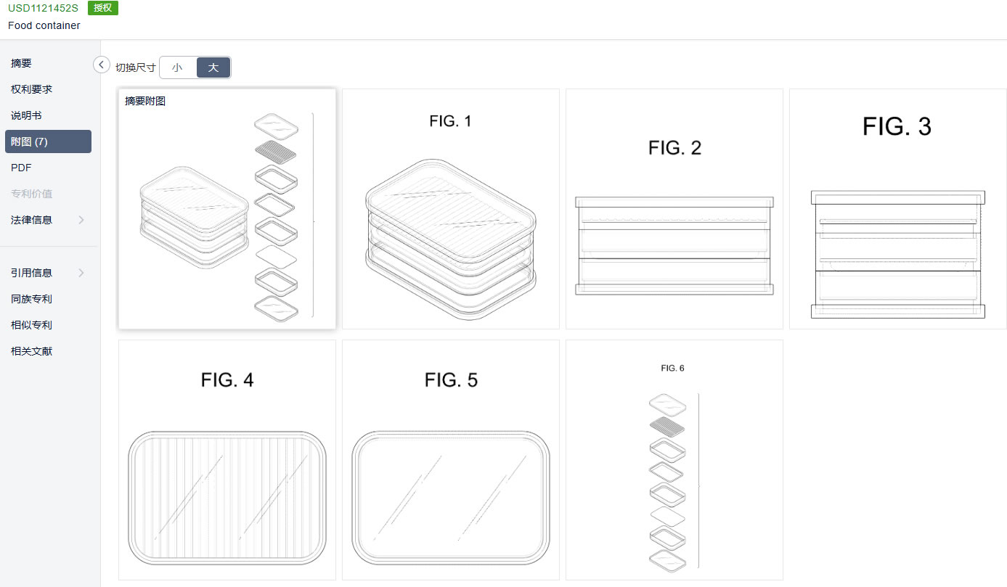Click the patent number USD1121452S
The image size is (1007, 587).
tap(43, 8)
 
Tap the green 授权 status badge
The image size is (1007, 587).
tap(103, 8)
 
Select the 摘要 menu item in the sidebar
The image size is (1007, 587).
tap(21, 63)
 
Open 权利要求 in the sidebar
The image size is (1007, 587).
tap(31, 89)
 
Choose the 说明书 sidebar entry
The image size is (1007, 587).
tap(26, 115)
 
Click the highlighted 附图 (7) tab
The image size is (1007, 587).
tap(48, 141)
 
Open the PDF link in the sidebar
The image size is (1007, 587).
tap(21, 168)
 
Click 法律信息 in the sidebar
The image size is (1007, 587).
tap(31, 220)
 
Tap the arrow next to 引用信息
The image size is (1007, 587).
tap(81, 273)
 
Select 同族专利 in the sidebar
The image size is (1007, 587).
tap(31, 299)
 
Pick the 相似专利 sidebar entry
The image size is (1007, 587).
tap(31, 325)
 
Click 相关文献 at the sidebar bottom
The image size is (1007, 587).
tap(31, 350)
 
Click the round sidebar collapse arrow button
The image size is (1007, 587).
tap(102, 65)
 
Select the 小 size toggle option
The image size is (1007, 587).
tap(178, 67)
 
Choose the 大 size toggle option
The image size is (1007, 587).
tap(213, 67)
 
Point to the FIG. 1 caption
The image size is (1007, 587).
tap(450, 121)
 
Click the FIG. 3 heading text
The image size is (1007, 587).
tap(897, 126)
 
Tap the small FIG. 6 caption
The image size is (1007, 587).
tap(672, 369)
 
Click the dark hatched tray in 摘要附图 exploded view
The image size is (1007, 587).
tap(276, 152)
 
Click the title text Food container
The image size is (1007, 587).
tap(44, 25)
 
